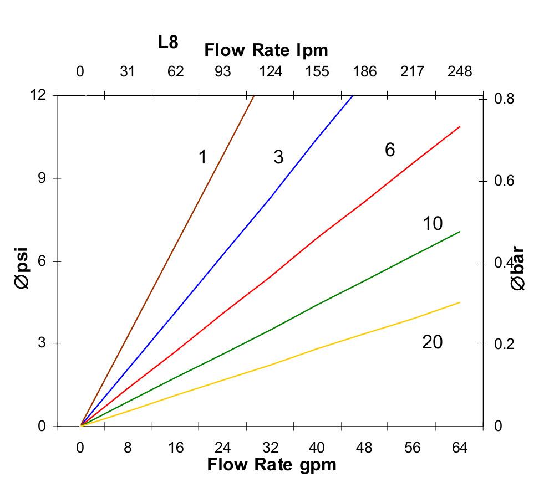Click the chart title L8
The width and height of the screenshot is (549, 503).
[168, 43]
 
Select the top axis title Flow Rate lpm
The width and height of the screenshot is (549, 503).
[266, 50]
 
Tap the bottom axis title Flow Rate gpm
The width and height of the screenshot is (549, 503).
[272, 464]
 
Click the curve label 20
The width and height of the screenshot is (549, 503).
[433, 342]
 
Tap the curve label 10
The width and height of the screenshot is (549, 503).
[433, 224]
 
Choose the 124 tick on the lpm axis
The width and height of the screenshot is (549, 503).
[270, 71]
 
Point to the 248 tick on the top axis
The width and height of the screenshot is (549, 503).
[460, 71]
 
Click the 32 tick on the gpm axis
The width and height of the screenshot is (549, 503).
[270, 448]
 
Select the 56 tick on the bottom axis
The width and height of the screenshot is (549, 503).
[412, 448]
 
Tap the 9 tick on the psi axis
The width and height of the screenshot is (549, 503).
[42, 178]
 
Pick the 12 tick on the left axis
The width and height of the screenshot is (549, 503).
[38, 95]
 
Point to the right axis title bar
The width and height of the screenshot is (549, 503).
[518, 269]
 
